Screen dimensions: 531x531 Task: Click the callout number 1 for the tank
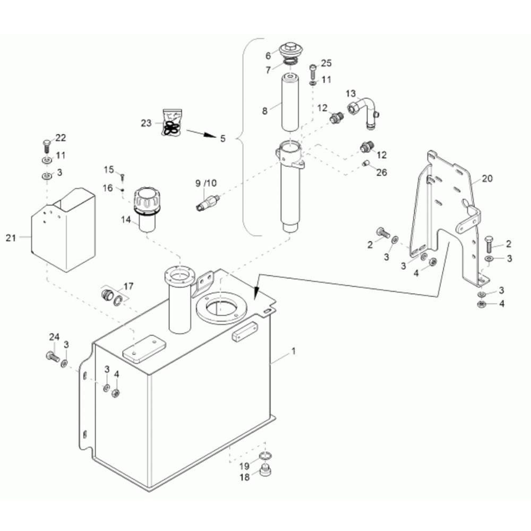click(x=293, y=352)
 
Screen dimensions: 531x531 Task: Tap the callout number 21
click(x=11, y=238)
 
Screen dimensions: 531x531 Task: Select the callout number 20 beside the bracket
click(x=487, y=178)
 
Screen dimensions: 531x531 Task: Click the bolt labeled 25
click(x=313, y=71)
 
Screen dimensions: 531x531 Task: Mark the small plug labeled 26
click(x=365, y=164)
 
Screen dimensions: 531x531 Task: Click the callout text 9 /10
click(x=206, y=183)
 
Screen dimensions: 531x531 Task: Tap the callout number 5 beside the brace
click(x=222, y=139)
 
